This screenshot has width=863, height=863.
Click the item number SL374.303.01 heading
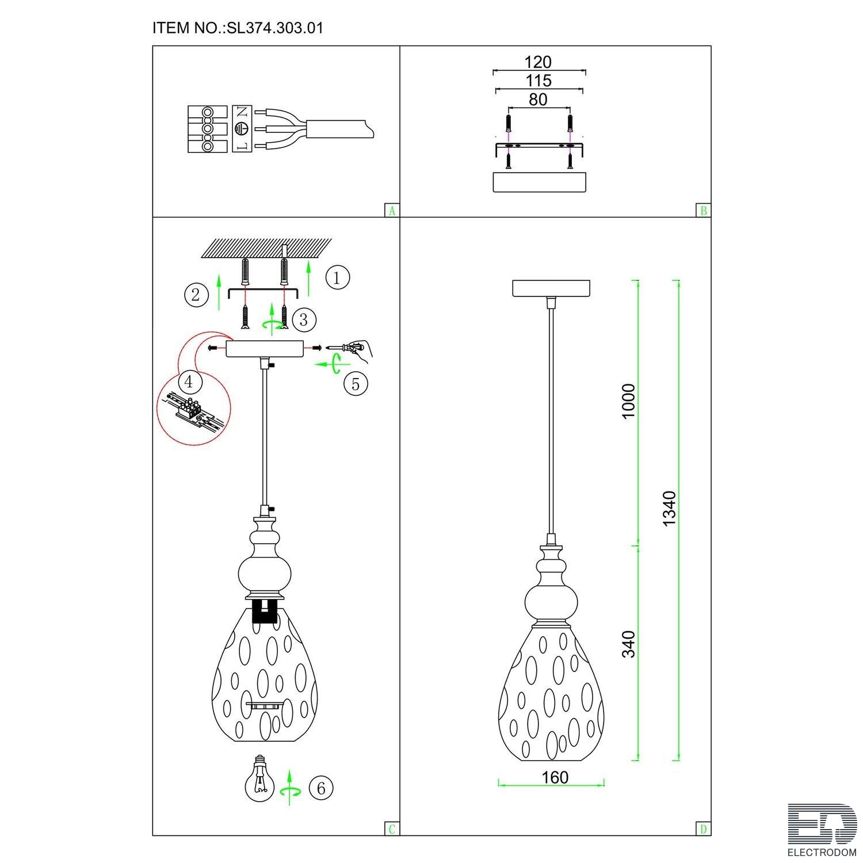(238, 28)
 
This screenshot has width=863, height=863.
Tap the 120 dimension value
(538, 62)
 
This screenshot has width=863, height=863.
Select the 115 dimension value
(538, 81)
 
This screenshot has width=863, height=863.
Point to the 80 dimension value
(538, 100)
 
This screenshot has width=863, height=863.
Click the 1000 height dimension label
(629, 401)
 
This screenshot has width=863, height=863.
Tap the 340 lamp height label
(629, 644)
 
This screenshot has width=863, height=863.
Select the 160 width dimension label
(555, 777)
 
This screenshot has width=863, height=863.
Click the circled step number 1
(337, 278)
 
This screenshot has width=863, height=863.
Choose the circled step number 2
(196, 295)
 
